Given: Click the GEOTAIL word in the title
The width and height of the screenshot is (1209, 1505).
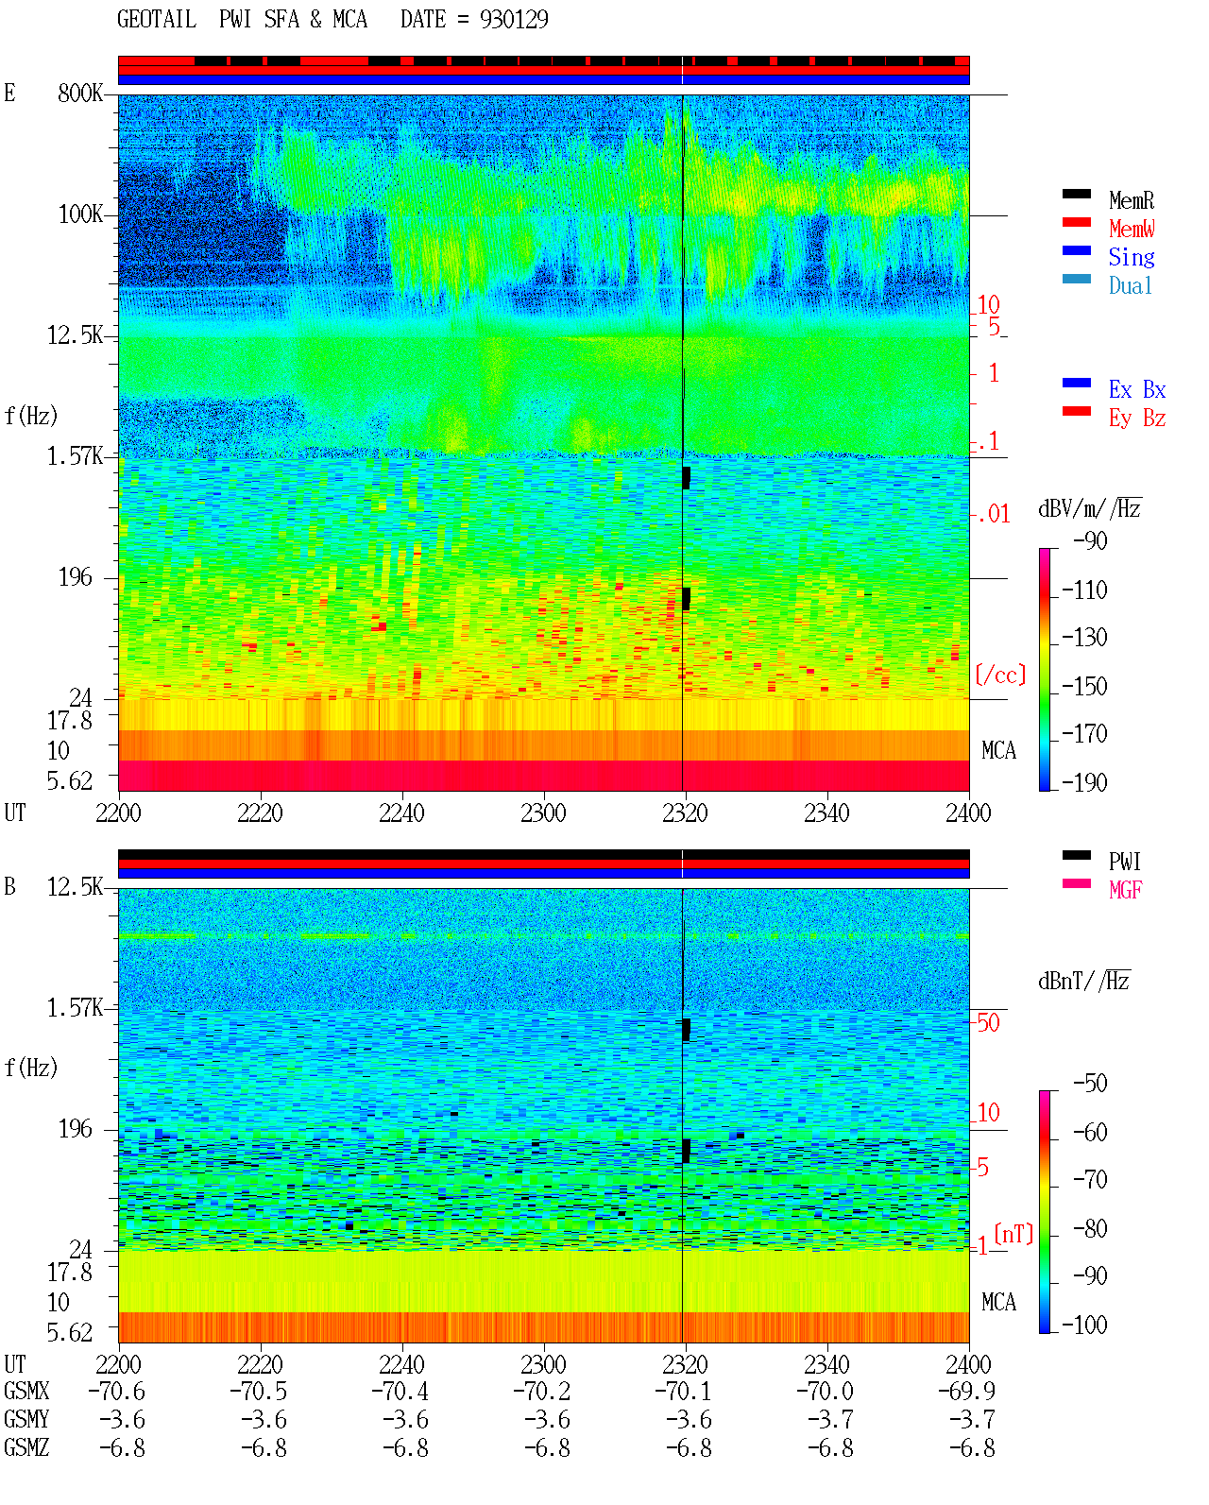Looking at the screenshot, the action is (x=157, y=19).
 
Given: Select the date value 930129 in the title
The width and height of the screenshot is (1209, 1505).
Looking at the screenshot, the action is (x=514, y=19).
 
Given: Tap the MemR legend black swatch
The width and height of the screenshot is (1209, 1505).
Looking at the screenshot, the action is (x=1076, y=194).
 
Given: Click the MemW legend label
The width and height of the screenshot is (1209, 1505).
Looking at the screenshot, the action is (x=1132, y=229).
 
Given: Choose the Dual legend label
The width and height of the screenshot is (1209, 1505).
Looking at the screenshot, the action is (x=1131, y=285).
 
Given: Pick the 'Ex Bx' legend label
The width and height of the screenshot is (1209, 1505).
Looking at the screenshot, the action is (x=1137, y=389).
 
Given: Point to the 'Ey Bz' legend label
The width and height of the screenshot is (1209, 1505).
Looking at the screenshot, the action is (x=1137, y=419).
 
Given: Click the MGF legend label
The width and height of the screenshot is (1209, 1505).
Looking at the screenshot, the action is (x=1125, y=890).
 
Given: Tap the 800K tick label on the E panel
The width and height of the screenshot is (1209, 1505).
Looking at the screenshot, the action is (x=79, y=93).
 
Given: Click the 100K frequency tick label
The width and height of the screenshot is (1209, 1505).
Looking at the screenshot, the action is (x=80, y=214).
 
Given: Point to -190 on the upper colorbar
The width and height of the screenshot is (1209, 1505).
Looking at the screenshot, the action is (x=1084, y=782).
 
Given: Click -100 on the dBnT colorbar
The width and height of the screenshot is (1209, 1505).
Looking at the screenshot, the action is (x=1084, y=1325).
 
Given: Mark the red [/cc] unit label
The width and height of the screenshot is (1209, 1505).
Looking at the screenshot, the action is (x=1000, y=675).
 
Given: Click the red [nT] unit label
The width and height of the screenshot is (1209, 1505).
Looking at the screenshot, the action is (x=1013, y=1234).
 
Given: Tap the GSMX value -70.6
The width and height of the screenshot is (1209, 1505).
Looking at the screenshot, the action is (x=117, y=1391).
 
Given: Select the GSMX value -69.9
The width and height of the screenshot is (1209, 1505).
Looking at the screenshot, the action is (x=966, y=1391).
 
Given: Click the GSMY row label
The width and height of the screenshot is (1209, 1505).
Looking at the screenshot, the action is (x=26, y=1419).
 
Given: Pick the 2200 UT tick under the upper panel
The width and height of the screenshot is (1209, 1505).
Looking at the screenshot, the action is (x=118, y=812).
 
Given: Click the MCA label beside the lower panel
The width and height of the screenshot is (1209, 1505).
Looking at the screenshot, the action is (x=998, y=1302).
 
